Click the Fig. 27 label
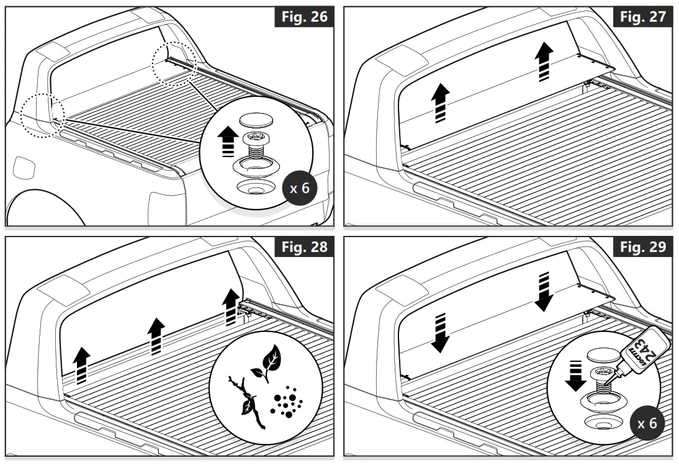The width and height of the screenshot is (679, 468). point(644,16)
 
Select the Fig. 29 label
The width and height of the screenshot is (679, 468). point(644,248)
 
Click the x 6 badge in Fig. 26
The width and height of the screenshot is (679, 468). point(300,188)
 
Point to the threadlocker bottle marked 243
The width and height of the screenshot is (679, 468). point(638,359)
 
